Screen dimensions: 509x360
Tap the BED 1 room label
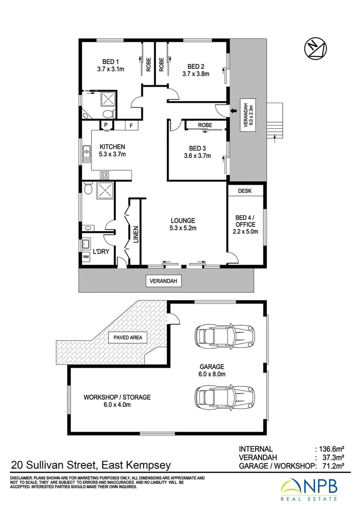[111, 61]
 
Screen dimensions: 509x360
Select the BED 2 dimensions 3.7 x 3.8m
[196, 74]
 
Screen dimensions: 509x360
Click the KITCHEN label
[112, 147]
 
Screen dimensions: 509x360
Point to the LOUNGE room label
[183, 220]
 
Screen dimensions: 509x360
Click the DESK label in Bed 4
[245, 191]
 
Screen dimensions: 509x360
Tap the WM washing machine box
[86, 257]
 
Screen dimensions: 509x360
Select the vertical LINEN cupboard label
[136, 234]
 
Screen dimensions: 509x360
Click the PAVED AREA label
[128, 337]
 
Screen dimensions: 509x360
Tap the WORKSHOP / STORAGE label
[117, 397]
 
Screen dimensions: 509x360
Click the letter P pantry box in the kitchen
[106, 125]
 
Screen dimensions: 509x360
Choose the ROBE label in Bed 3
[205, 125]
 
